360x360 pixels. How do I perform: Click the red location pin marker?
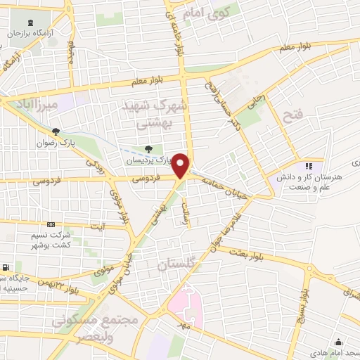[x=181, y=165]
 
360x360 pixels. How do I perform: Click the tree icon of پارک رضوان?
[x=56, y=131]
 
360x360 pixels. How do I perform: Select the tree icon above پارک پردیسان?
[x=148, y=148]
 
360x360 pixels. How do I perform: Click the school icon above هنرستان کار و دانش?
[x=308, y=167]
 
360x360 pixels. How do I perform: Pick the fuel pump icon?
[x=6, y=268]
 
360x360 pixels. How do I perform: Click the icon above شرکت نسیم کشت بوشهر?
[x=49, y=224]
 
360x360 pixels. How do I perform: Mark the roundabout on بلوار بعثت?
[x=310, y=269]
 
